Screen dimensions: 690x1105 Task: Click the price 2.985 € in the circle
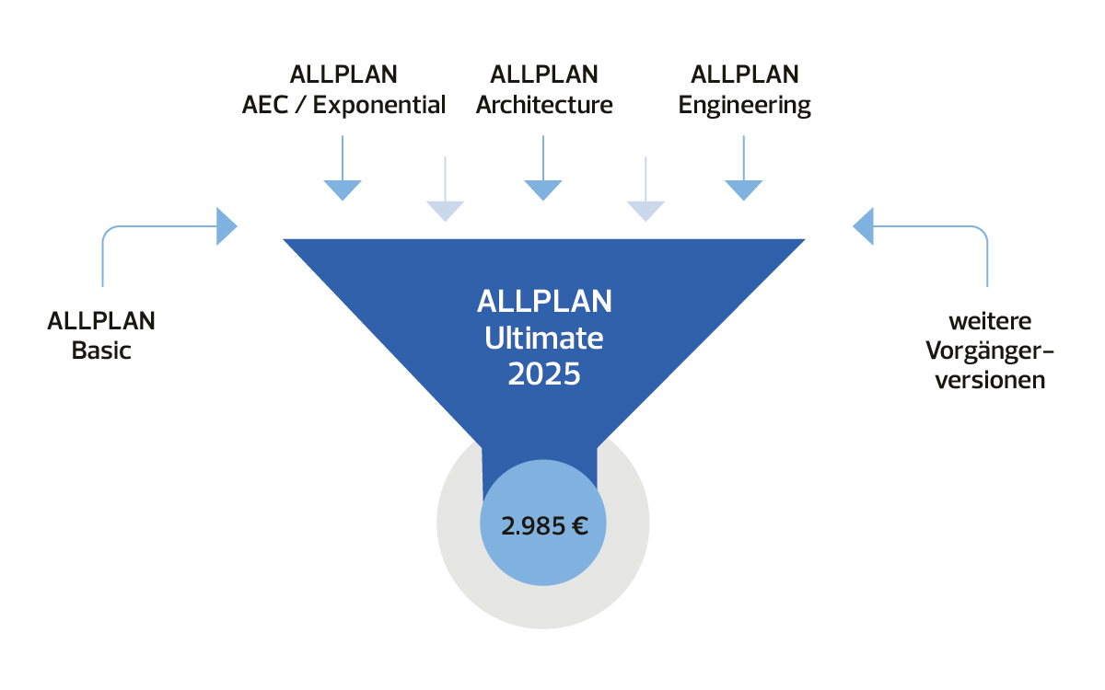point(543,526)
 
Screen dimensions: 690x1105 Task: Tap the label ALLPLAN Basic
point(101,336)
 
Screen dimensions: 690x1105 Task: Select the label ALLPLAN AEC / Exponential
point(343,90)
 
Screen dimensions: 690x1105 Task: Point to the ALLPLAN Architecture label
point(544,90)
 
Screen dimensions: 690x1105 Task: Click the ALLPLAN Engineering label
point(744,90)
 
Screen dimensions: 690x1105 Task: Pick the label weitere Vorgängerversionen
point(990,351)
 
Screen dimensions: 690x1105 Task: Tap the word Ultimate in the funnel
point(544,338)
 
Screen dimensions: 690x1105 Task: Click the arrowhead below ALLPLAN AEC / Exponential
point(343,190)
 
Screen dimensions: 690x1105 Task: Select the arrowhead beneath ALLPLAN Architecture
point(543,190)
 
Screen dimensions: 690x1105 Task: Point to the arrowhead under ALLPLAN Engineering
point(744,190)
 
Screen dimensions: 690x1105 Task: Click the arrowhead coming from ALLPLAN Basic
point(226,225)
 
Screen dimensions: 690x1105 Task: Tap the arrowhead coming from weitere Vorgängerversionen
point(864,225)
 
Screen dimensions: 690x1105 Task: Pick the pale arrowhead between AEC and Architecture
point(445,210)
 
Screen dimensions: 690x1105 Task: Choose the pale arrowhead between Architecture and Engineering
point(646,210)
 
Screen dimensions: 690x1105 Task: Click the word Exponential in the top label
point(379,105)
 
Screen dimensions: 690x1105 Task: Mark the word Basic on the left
point(101,351)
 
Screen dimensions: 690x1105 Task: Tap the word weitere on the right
point(990,322)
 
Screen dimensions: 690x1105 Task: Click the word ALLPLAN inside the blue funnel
point(544,302)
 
